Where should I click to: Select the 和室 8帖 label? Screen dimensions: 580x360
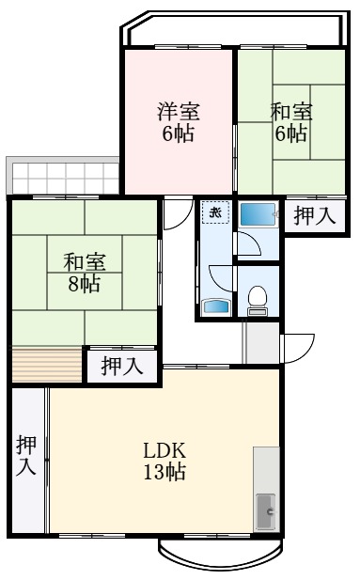(x=84, y=272)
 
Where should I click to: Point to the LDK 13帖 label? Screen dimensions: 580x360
(x=164, y=459)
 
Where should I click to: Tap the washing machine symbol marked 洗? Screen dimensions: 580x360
(x=214, y=212)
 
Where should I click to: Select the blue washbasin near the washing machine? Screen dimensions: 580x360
(x=214, y=306)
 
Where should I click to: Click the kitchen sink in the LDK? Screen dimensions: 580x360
(x=267, y=512)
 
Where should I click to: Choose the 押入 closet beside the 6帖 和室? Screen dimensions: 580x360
(x=313, y=215)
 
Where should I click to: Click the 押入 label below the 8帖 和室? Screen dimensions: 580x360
(x=122, y=365)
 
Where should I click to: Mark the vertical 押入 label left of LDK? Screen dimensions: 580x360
(x=26, y=457)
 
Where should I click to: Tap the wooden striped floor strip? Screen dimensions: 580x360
(x=47, y=363)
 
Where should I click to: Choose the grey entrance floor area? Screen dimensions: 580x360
(x=261, y=344)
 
